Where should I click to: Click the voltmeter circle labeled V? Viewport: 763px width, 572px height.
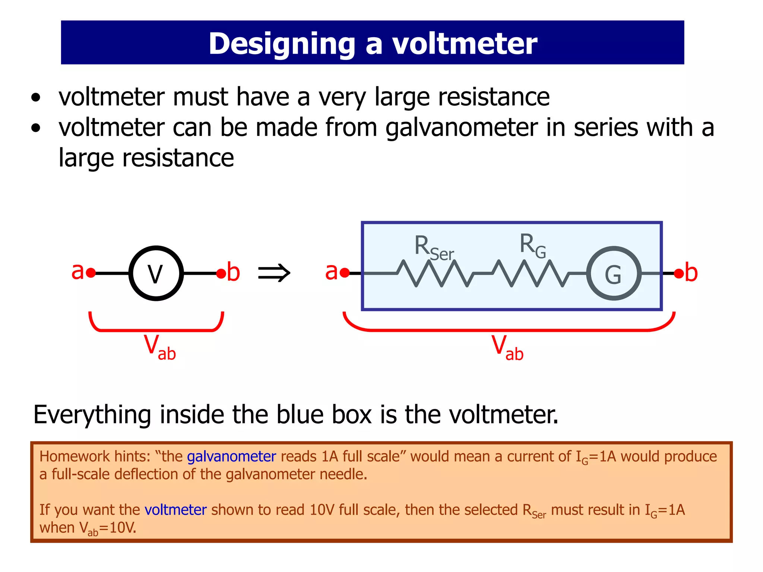(156, 273)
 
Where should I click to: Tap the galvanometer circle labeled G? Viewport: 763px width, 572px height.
(614, 274)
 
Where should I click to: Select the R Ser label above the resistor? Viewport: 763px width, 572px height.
(434, 248)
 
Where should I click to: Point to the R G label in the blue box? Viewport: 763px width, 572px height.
(532, 246)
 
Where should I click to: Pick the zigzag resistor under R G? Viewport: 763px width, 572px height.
(529, 274)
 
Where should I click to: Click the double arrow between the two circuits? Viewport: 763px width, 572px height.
(274, 273)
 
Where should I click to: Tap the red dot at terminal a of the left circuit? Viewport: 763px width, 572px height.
(91, 273)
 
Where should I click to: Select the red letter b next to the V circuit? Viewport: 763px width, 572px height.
(233, 272)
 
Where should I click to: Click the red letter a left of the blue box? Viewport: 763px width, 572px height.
(331, 271)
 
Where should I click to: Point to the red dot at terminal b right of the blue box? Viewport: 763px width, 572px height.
(679, 274)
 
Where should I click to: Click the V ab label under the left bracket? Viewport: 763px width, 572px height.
(159, 347)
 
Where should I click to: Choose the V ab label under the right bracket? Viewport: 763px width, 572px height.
(507, 347)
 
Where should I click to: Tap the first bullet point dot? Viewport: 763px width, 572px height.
(36, 98)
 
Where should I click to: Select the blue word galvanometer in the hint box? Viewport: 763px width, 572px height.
(231, 457)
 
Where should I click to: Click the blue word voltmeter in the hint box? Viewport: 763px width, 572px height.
(175, 509)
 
